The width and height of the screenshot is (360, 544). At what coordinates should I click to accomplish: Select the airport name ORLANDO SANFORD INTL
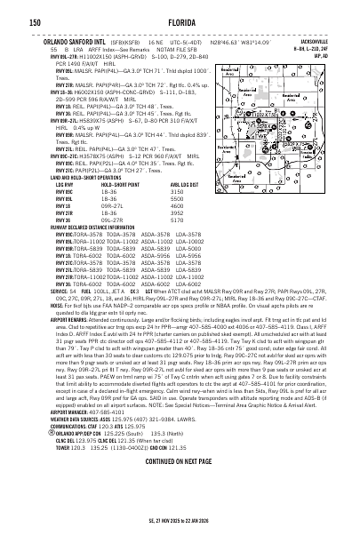tap(45, 40)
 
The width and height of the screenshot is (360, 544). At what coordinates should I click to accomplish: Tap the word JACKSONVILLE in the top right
tap(334, 40)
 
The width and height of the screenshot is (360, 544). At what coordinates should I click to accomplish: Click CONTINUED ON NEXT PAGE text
tap(180, 512)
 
